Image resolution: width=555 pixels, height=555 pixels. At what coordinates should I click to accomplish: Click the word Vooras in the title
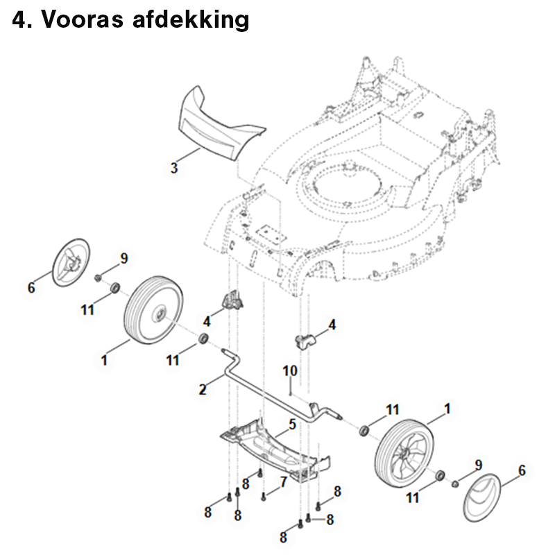click(x=83, y=19)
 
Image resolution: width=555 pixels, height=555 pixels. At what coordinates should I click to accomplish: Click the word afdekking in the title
click(x=191, y=21)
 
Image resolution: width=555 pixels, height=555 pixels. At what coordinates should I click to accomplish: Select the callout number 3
click(x=174, y=168)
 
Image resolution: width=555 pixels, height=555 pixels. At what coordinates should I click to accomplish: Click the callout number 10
click(x=290, y=371)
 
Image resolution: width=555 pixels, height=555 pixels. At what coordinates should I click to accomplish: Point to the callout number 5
click(x=292, y=424)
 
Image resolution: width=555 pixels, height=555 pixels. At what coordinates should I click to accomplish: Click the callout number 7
click(x=283, y=482)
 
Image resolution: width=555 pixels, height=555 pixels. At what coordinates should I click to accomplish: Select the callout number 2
click(x=203, y=389)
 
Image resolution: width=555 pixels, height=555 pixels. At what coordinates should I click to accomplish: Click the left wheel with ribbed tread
click(x=154, y=311)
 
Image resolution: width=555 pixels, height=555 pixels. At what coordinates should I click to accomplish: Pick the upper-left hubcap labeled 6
click(x=71, y=262)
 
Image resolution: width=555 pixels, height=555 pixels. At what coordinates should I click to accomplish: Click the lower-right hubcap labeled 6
click(x=482, y=497)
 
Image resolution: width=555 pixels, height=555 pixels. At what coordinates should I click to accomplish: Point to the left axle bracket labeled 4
click(x=232, y=299)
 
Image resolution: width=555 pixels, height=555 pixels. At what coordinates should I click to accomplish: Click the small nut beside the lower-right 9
click(x=456, y=484)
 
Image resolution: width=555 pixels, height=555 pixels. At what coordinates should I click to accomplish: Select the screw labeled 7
click(x=263, y=497)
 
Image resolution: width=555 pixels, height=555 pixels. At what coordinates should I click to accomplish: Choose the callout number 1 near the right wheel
click(x=447, y=409)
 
